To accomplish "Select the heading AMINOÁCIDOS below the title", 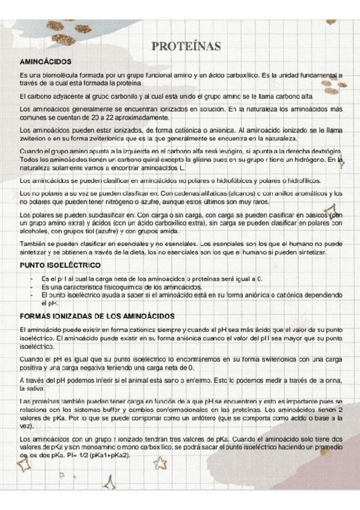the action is click(x=46, y=61).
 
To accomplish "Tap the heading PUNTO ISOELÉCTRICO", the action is click(x=60, y=265).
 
